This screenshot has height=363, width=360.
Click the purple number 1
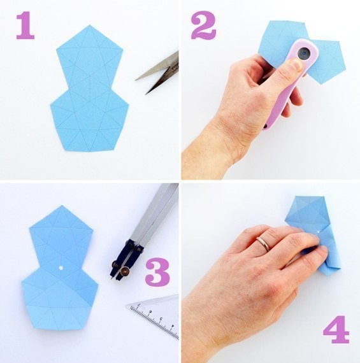[x=25, y=25]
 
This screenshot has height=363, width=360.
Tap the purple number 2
[x=204, y=25]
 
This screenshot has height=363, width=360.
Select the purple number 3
[x=157, y=272]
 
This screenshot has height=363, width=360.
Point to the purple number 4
[x=336, y=329]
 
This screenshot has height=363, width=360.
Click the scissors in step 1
[x=160, y=72]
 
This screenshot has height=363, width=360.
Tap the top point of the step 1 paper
[x=89, y=25]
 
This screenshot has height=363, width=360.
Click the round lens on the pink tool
[x=304, y=53]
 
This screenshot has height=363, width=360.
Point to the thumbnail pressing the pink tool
[x=296, y=64]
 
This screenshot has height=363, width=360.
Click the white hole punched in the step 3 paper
[x=61, y=268]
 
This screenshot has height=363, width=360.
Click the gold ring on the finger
[x=264, y=243]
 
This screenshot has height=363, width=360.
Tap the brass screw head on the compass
[x=126, y=270]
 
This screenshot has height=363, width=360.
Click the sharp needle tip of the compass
[x=112, y=278]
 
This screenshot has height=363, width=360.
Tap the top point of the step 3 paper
[x=61, y=206]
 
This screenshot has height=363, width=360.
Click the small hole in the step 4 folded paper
[x=319, y=231]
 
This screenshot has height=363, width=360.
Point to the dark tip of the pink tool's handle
[x=265, y=126]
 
